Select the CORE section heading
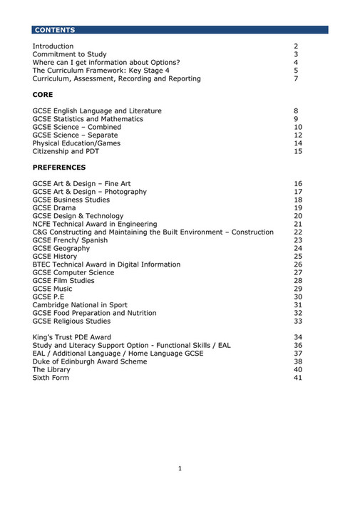43,95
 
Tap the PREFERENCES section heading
59,168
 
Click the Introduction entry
53,46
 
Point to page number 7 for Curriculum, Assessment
296,78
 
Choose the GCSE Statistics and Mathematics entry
88,119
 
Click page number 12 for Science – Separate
298,135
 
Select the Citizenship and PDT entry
68,151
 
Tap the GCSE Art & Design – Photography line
90,192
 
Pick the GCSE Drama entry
54,208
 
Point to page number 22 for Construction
298,232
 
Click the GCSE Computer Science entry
73,272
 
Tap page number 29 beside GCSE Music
298,289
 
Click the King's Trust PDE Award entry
72,337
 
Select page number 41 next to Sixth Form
298,378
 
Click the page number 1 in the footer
180,468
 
